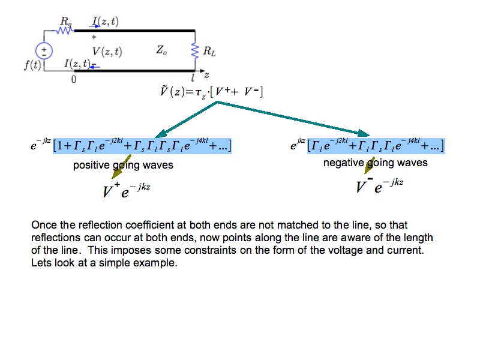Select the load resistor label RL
209,52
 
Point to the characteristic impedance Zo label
161,52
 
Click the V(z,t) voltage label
106,52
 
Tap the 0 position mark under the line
74,80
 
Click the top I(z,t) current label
105,22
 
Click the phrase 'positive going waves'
123,165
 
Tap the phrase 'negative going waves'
376,163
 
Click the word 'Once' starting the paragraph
43,226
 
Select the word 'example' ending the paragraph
157,263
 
